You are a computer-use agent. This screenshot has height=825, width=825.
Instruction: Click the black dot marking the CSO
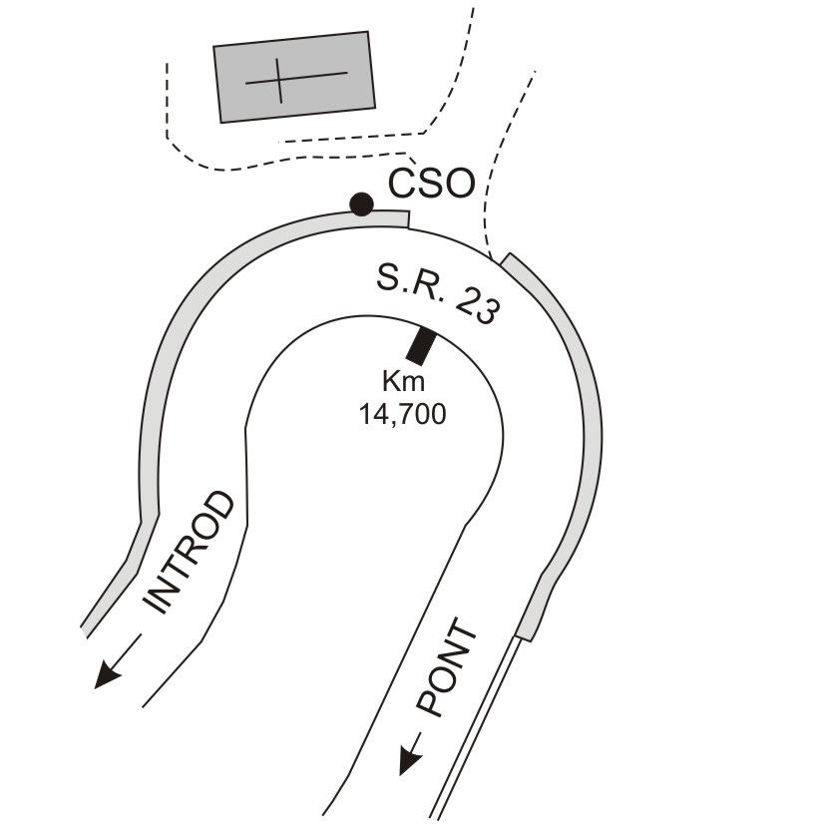361,205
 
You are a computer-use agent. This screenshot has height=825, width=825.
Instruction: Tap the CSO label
431,184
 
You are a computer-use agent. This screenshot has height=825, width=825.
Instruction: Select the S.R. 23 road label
437,295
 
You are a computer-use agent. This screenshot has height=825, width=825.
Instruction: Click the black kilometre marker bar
421,346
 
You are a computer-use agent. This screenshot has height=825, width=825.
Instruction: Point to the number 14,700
402,414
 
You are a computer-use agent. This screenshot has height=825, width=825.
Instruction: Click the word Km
404,381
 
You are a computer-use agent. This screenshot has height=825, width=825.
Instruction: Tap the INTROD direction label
190,552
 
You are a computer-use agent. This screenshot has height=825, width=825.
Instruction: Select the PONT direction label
447,668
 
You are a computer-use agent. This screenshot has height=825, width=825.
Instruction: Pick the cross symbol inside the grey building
296,81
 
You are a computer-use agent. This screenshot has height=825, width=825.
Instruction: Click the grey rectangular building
294,77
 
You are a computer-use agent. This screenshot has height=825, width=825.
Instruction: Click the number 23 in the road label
476,309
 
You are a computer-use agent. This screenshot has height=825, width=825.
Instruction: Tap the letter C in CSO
401,184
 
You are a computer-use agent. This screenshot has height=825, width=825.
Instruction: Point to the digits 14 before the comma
372,414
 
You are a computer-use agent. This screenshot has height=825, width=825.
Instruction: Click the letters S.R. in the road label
409,285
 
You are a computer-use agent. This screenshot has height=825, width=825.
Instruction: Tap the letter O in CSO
459,184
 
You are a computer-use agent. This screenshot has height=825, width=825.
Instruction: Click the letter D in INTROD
218,505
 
